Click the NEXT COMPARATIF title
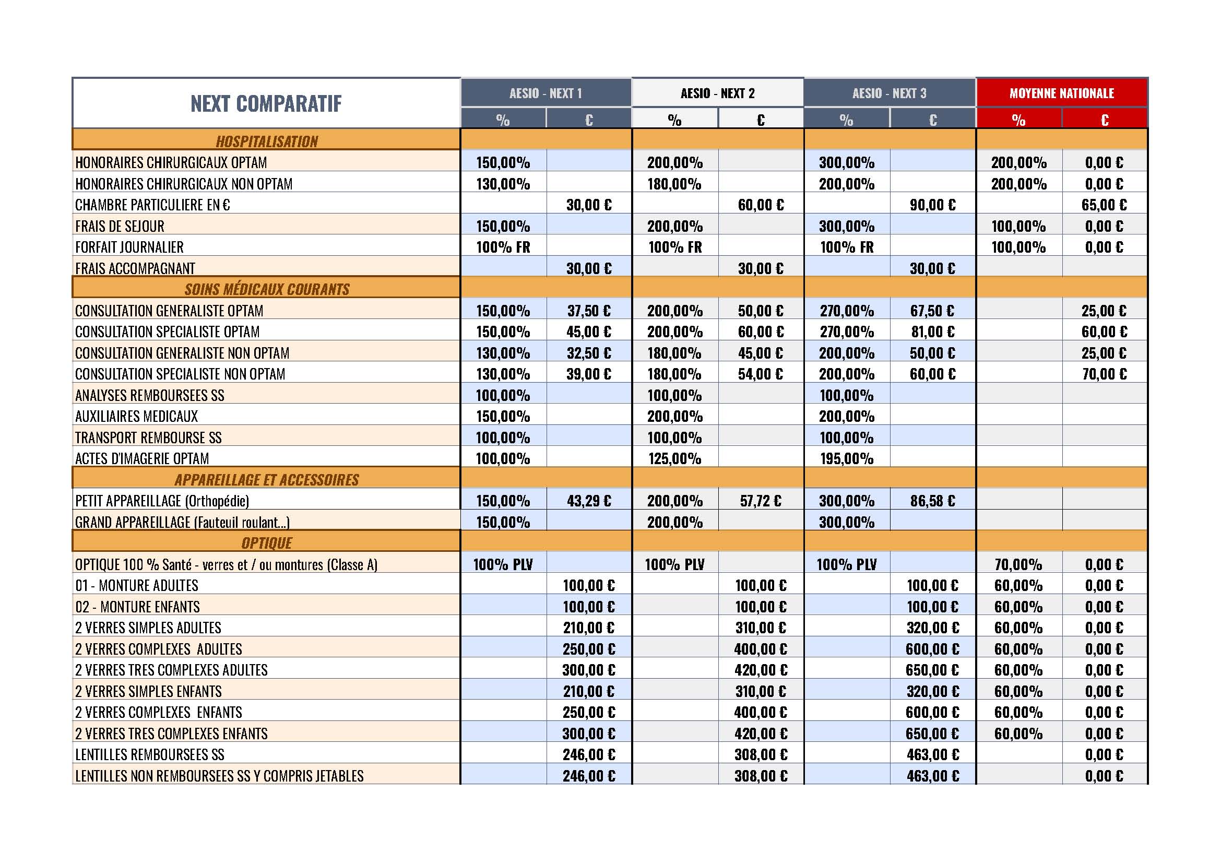click(x=266, y=104)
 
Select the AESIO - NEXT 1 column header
click(x=546, y=93)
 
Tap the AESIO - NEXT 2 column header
click(x=717, y=93)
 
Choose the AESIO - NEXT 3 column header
click(x=889, y=93)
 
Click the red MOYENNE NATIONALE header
click(x=1061, y=93)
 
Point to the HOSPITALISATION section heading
click(x=266, y=141)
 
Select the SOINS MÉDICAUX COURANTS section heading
click(x=267, y=289)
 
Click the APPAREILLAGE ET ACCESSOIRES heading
click(x=266, y=480)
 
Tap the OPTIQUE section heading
click(x=266, y=543)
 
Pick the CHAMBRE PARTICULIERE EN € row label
click(x=152, y=205)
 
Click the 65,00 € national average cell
click(x=1104, y=205)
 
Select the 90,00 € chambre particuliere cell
click(x=932, y=205)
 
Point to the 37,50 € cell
click(x=589, y=311)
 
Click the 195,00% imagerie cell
click(x=847, y=458)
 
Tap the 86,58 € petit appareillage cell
click(x=932, y=501)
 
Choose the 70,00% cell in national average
click(x=1018, y=564)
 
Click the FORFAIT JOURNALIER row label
click(x=129, y=247)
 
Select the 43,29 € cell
click(x=589, y=501)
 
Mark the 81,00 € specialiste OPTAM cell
click(x=932, y=332)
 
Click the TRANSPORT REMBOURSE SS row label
click(x=148, y=438)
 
